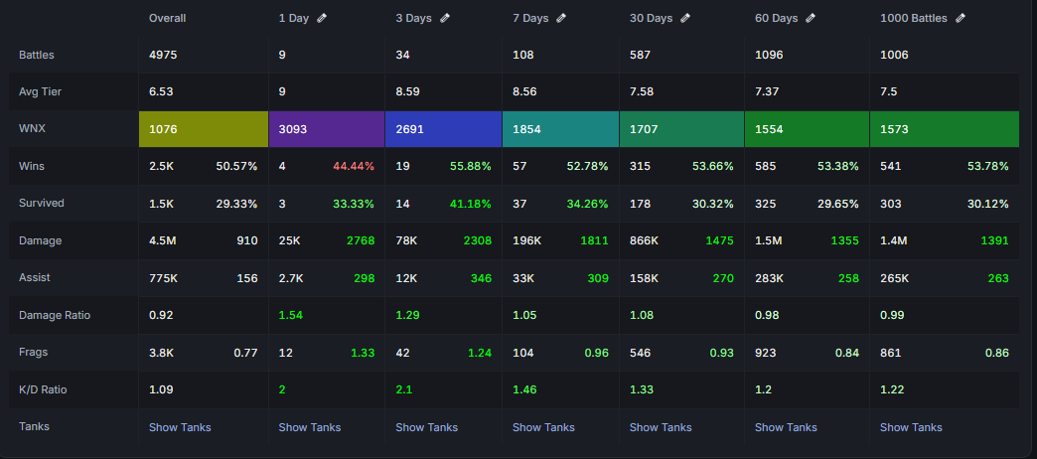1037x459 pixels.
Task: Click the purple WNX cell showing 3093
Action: pyautogui.click(x=327, y=129)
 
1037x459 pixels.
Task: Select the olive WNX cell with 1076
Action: pyautogui.click(x=204, y=129)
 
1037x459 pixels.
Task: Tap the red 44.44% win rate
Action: pyautogui.click(x=354, y=166)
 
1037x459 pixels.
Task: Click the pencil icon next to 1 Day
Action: pyautogui.click(x=322, y=19)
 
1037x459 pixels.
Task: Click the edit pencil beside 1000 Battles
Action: pyautogui.click(x=961, y=19)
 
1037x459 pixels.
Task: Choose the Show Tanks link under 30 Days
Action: pyautogui.click(x=660, y=427)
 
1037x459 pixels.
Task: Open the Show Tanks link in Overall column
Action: pyautogui.click(x=180, y=427)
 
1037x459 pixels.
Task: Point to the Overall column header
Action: pyautogui.click(x=167, y=19)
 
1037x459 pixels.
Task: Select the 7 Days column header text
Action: pyautogui.click(x=530, y=19)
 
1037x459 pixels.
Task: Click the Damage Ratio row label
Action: pyautogui.click(x=55, y=315)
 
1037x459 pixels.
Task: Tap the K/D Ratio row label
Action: pyautogui.click(x=43, y=389)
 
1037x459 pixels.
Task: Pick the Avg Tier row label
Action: pyautogui.click(x=41, y=91)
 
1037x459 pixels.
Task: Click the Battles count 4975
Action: pyautogui.click(x=163, y=55)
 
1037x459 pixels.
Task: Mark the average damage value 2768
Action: pyautogui.click(x=361, y=240)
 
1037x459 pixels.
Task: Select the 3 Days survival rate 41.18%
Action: pyautogui.click(x=470, y=204)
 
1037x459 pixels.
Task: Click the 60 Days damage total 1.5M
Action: pyautogui.click(x=768, y=240)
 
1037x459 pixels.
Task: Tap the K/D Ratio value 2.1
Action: pyautogui.click(x=403, y=389)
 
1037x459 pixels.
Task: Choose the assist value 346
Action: pyautogui.click(x=482, y=278)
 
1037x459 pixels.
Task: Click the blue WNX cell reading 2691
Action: pyautogui.click(x=443, y=129)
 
